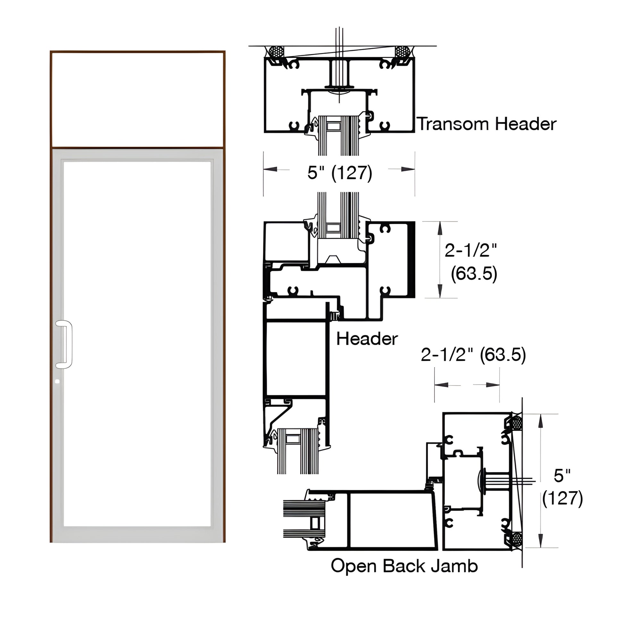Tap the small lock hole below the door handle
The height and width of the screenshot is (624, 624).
57,382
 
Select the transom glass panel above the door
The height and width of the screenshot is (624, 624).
138,99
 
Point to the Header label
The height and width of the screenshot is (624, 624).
367,339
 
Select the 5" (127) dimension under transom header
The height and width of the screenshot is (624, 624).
340,173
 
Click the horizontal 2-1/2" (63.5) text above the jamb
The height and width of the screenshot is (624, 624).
473,355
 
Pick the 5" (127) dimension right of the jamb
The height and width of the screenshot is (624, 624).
562,487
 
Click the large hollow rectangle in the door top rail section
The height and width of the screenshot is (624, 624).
296,358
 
